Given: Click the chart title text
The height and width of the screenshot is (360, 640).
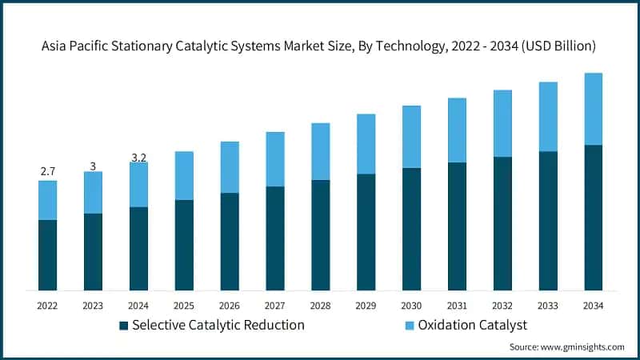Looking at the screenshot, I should click(319, 46).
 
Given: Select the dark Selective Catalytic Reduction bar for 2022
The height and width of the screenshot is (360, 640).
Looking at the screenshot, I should click(47, 254).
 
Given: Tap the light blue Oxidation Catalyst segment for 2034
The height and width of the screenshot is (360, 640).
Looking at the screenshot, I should click(593, 109).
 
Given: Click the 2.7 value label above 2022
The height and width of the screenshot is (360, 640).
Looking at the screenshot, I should click(47, 172).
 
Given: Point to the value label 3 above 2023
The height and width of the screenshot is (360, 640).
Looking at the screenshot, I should click(93, 166).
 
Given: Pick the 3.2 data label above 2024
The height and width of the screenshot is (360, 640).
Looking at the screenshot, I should click(138, 158).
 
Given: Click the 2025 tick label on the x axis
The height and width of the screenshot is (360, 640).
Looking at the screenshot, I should click(184, 305).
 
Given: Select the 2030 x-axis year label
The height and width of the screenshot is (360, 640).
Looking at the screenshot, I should click(411, 305).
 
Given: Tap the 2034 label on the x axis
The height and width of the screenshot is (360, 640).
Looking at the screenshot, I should click(593, 305).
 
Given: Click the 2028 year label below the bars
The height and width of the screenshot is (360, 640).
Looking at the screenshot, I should click(320, 305).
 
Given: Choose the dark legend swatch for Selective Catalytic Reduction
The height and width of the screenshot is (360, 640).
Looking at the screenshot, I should click(123, 326).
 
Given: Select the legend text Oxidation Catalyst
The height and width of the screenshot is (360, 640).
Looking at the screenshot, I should click(471, 325).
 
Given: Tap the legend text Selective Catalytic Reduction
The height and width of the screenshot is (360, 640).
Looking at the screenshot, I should click(218, 325).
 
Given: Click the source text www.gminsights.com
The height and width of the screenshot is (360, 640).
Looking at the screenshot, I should click(566, 346).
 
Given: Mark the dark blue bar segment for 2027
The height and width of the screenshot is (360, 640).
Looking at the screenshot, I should click(274, 238).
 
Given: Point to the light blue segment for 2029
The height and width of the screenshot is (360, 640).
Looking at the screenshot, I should click(366, 144).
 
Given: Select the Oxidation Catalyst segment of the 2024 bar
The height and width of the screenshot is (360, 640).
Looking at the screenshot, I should click(138, 185).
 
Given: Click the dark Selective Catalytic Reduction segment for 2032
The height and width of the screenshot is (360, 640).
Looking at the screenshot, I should click(502, 223).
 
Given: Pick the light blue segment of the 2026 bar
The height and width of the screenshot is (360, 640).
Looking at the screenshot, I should click(230, 167).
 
